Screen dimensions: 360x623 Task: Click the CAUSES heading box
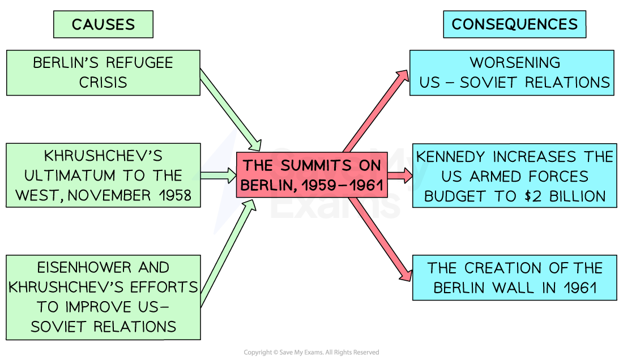point(103,24)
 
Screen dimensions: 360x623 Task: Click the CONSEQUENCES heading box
point(514,24)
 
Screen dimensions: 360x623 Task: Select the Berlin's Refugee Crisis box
point(103,72)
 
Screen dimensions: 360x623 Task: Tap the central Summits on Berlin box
point(311,175)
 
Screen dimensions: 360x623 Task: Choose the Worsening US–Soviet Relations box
point(511,72)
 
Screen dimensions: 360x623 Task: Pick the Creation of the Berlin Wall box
point(514,277)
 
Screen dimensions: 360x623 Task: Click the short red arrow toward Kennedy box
point(399,175)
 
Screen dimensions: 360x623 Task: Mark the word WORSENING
point(515,62)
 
